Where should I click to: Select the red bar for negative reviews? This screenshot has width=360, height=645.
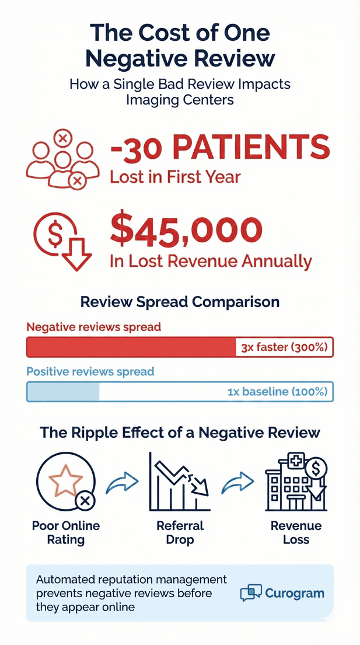tap(131, 347)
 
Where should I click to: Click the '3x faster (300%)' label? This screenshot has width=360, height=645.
tap(284, 348)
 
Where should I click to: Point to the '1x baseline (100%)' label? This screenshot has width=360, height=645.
tap(277, 392)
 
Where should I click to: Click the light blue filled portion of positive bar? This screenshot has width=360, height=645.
tap(63, 392)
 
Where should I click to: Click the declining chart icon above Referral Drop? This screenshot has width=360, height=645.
tap(180, 482)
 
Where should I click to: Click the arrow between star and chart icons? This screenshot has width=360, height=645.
tap(123, 482)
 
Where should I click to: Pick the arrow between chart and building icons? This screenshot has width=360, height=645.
tap(238, 482)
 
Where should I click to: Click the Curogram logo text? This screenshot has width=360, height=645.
tap(294, 594)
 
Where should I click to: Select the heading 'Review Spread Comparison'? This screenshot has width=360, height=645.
tap(180, 302)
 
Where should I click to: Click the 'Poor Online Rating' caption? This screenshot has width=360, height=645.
tap(65, 532)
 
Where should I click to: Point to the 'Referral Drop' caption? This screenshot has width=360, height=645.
tap(180, 532)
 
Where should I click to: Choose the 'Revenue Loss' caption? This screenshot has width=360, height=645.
tap(295, 532)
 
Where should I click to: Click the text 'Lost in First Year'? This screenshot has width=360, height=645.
tap(175, 176)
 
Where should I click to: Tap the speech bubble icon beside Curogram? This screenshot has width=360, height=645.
tap(251, 593)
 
